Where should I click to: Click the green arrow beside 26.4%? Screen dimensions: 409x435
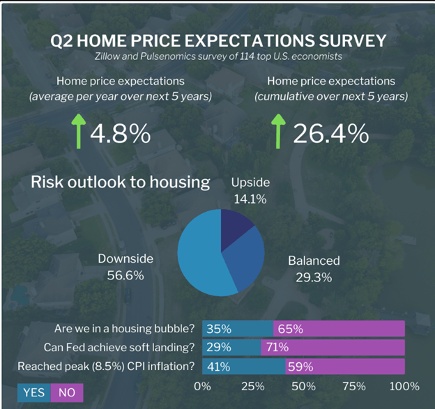click(279, 133)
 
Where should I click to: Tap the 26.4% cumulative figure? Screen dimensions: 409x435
click(330, 133)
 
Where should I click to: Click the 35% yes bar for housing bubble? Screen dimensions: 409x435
click(237, 329)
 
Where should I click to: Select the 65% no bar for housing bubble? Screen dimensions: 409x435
click(339, 329)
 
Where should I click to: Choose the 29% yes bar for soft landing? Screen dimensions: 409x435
click(231, 347)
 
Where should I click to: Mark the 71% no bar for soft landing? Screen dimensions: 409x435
click(333, 347)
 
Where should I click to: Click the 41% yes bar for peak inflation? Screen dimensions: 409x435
click(243, 366)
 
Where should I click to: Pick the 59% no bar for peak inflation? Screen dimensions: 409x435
click(345, 366)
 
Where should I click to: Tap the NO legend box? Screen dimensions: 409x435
click(67, 392)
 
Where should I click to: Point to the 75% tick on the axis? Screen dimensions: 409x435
click(354, 386)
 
